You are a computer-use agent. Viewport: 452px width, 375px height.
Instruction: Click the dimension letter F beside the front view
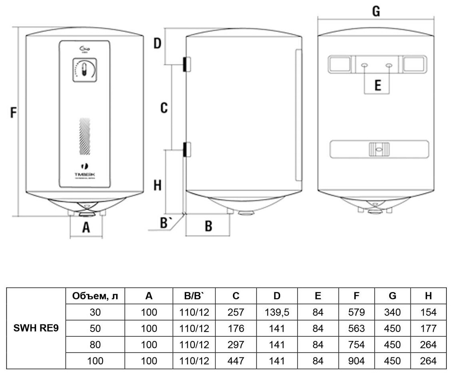click(14, 113)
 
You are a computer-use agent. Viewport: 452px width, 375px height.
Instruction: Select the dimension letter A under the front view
click(86, 227)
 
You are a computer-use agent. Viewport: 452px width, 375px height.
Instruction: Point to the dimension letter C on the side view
click(164, 108)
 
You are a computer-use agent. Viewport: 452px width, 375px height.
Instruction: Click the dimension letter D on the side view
click(157, 43)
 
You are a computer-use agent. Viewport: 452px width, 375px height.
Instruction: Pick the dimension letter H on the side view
click(158, 185)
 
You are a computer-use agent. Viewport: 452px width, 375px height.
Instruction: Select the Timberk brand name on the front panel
click(84, 175)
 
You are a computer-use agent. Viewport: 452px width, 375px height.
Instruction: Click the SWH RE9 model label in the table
click(37, 328)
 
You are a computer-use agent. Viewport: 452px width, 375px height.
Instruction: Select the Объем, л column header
click(95, 296)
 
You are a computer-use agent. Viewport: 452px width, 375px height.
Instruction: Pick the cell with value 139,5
click(277, 312)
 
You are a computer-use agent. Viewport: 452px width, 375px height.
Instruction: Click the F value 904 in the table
click(357, 361)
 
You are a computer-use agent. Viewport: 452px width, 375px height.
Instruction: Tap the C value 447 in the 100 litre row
click(236, 361)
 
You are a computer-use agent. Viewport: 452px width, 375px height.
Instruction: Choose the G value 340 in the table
click(393, 312)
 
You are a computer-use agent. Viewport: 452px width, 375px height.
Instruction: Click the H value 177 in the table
click(428, 328)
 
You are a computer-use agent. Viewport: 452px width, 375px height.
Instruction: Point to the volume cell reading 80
click(95, 345)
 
